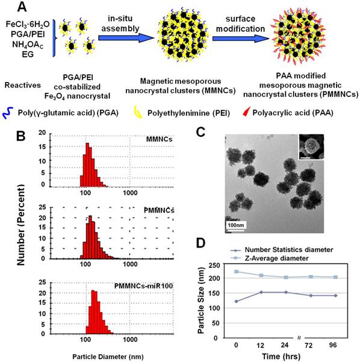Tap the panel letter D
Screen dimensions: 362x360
coord(208,245)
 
